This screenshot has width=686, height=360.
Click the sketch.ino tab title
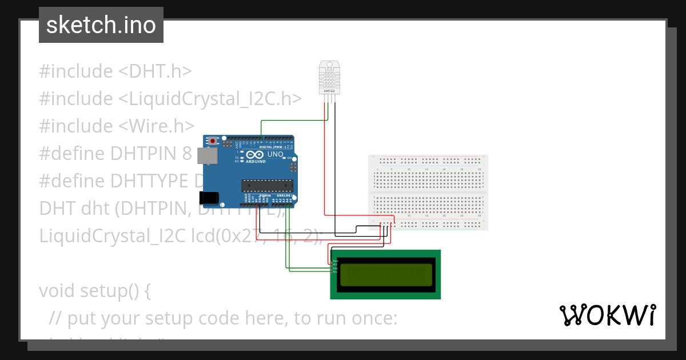[x=101, y=25]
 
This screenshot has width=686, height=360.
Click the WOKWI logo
[x=607, y=315]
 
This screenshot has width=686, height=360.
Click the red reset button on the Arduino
[x=213, y=141]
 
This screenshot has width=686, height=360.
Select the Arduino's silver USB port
[x=206, y=156]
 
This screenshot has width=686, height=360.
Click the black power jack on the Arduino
[x=208, y=198]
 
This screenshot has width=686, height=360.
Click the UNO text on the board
[x=276, y=154]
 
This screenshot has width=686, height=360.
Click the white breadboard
[x=428, y=192]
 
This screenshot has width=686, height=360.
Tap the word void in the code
[x=57, y=291]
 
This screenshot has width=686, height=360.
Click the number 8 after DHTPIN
[x=187, y=154]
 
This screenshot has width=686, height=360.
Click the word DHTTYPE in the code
[x=150, y=181]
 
